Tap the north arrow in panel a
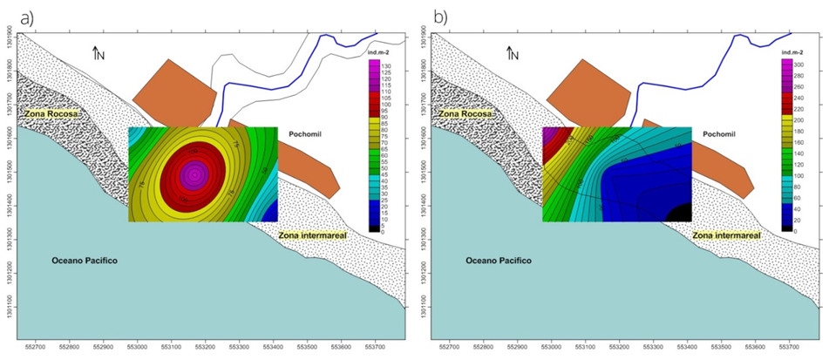[x=99, y=53]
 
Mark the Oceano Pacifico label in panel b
[x=499, y=261]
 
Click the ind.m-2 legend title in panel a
[x=383, y=54]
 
